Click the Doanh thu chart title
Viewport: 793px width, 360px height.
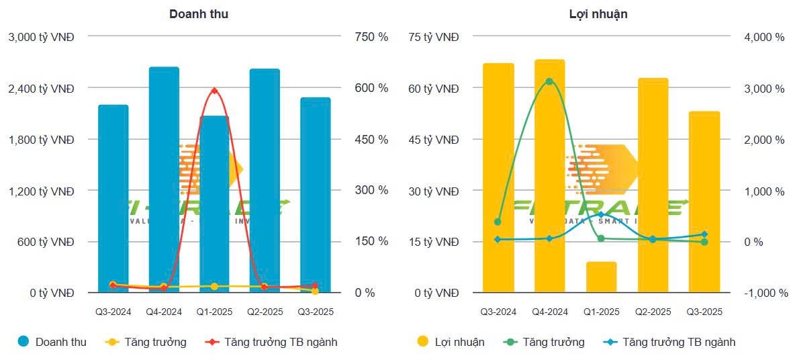coord(198,13)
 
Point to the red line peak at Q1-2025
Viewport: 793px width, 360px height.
coord(214,91)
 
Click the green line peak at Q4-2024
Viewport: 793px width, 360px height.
coord(549,82)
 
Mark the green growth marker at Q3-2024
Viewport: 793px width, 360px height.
coord(498,222)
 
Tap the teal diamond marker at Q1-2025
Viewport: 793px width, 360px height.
coord(601,215)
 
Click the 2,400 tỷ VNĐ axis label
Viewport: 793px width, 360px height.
coord(41,88)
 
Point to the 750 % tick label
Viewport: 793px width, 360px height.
coord(371,37)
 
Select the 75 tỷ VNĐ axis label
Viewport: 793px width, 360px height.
coord(434,37)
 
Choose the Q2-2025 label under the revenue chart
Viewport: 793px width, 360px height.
coord(264,312)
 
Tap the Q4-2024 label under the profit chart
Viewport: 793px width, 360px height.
coord(549,312)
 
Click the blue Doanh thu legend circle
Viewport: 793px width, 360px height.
coord(24,342)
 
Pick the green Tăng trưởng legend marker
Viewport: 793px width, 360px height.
coord(511,342)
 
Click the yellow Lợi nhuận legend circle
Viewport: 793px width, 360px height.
coord(423,342)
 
